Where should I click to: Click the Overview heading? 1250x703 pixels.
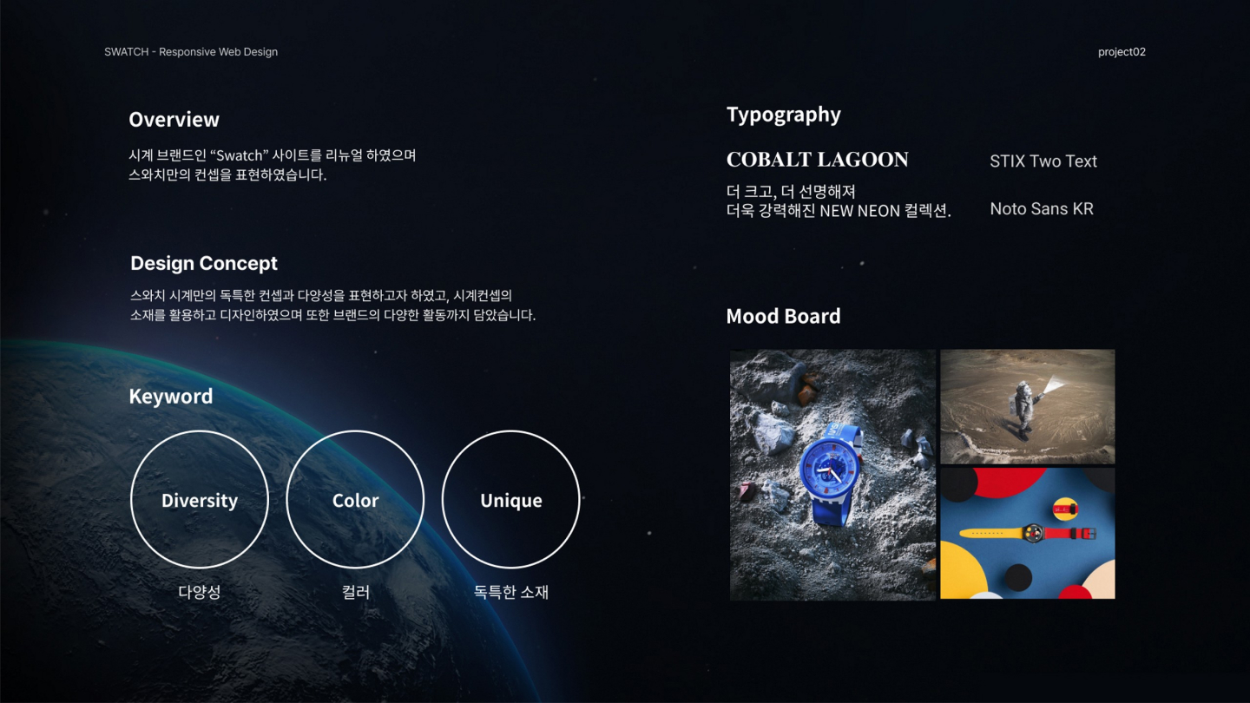click(x=174, y=120)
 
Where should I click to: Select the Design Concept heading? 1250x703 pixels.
click(x=204, y=263)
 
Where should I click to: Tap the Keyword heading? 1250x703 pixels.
click(x=170, y=397)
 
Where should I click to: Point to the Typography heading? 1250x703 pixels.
click(x=783, y=115)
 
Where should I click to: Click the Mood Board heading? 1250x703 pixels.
click(x=783, y=316)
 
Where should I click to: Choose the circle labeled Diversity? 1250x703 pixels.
click(x=199, y=500)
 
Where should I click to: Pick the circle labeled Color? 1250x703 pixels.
click(x=355, y=500)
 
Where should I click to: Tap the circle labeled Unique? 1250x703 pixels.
click(x=510, y=500)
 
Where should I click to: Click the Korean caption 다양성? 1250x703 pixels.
click(x=199, y=592)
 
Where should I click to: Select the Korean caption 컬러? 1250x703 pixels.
click(x=356, y=592)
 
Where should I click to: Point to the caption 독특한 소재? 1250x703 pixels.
click(x=510, y=592)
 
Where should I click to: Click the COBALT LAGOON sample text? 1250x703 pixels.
click(x=817, y=160)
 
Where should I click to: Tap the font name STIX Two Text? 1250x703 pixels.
click(x=1043, y=161)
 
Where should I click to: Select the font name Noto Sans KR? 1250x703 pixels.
click(x=1041, y=209)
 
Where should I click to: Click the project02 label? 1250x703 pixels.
click(x=1122, y=52)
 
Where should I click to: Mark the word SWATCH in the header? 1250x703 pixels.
click(x=126, y=52)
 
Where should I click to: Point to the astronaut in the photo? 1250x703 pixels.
click(x=1022, y=408)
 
